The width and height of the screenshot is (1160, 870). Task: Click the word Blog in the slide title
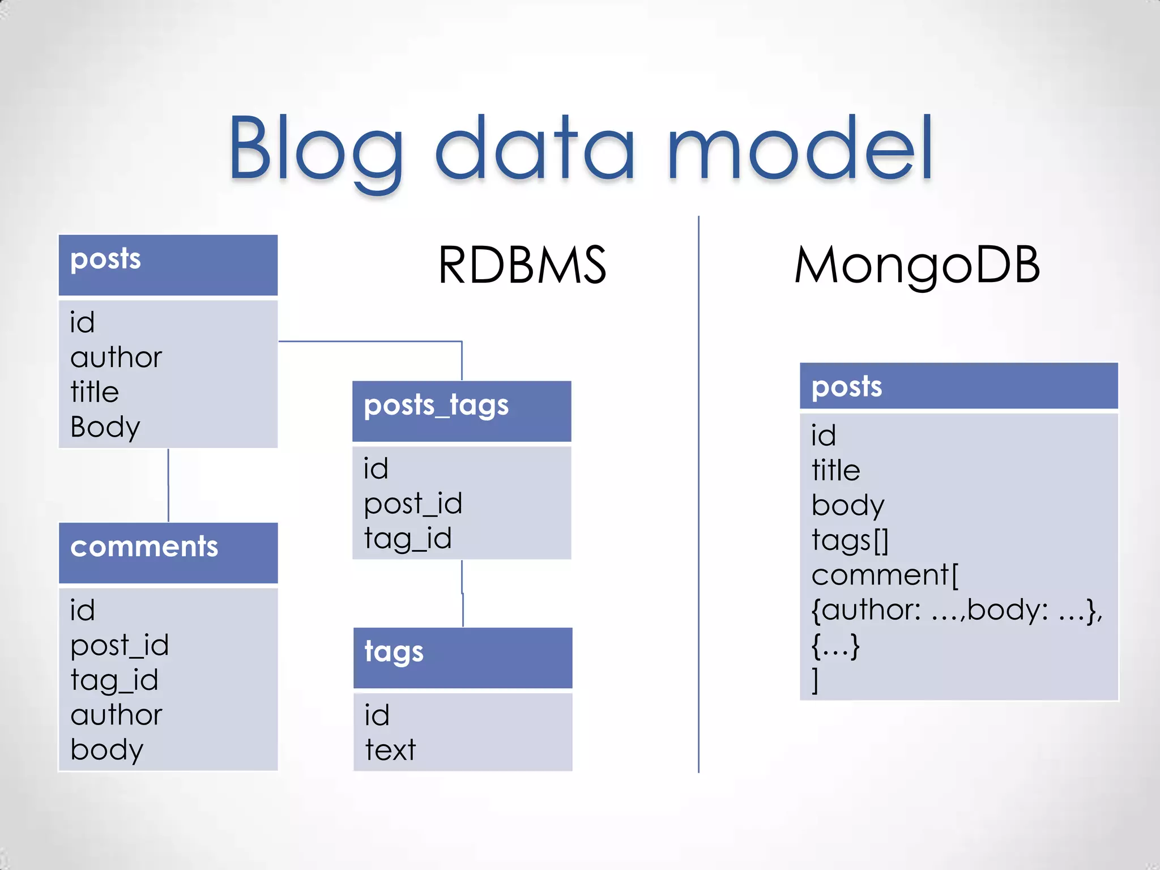[x=314, y=148]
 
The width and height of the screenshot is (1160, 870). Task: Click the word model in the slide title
[x=800, y=148]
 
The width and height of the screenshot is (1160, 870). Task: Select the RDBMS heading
[x=522, y=265]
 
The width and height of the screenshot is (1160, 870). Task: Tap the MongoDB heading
[x=916, y=265]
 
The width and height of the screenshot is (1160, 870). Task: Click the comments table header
[x=144, y=547]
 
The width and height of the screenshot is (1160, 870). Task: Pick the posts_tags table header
[x=436, y=406]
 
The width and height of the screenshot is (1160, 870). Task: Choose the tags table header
[x=394, y=652]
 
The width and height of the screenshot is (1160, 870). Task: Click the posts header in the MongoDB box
[x=846, y=387]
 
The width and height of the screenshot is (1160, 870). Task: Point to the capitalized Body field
[x=105, y=427]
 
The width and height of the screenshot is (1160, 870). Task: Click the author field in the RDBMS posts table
[x=116, y=357]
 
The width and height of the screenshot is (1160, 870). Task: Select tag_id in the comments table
[x=114, y=680]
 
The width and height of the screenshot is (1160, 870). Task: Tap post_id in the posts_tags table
[x=413, y=504]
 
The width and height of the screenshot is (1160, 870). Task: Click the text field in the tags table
[x=390, y=750]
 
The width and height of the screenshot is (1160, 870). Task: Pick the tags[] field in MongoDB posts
[x=850, y=540]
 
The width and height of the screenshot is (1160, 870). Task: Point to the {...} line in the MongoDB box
[x=835, y=645]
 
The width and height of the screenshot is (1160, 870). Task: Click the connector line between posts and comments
[x=168, y=485]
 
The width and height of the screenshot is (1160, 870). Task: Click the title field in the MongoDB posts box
[x=835, y=470]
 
